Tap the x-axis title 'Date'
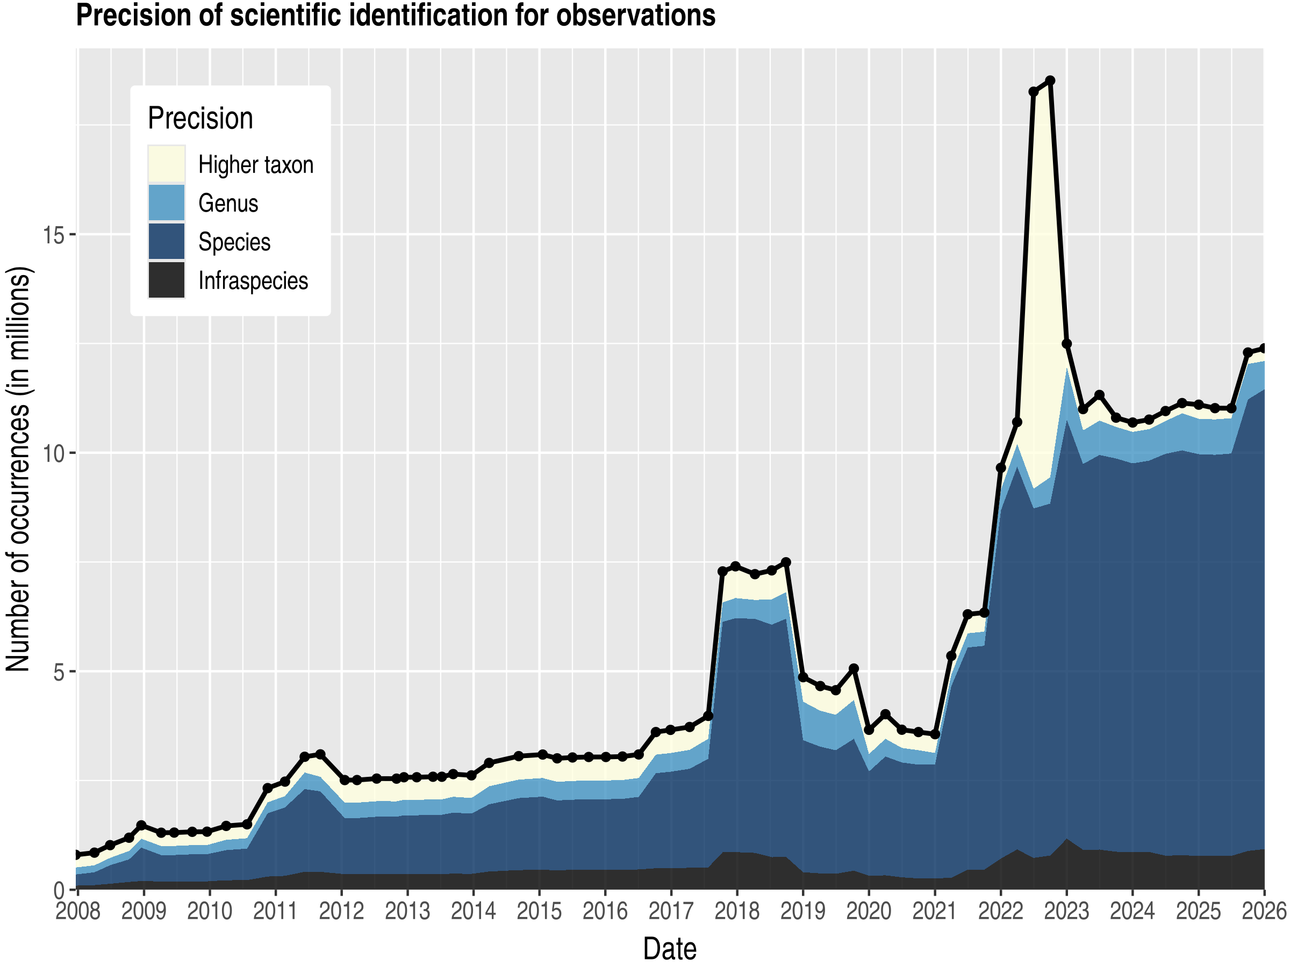pyautogui.click(x=670, y=949)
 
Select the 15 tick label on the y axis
pyautogui.click(x=53, y=235)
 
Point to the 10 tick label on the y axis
pyautogui.click(x=53, y=453)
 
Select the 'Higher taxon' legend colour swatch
pyautogui.click(x=166, y=164)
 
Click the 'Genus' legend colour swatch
pyautogui.click(x=166, y=203)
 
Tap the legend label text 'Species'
pyautogui.click(x=234, y=242)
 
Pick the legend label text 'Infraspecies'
pyautogui.click(x=253, y=281)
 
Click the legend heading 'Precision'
pyautogui.click(x=200, y=118)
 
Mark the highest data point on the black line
pyautogui.click(x=1050, y=81)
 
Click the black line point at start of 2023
pyautogui.click(x=1066, y=344)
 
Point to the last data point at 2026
pyautogui.click(x=1264, y=348)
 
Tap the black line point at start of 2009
pyautogui.click(x=141, y=825)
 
